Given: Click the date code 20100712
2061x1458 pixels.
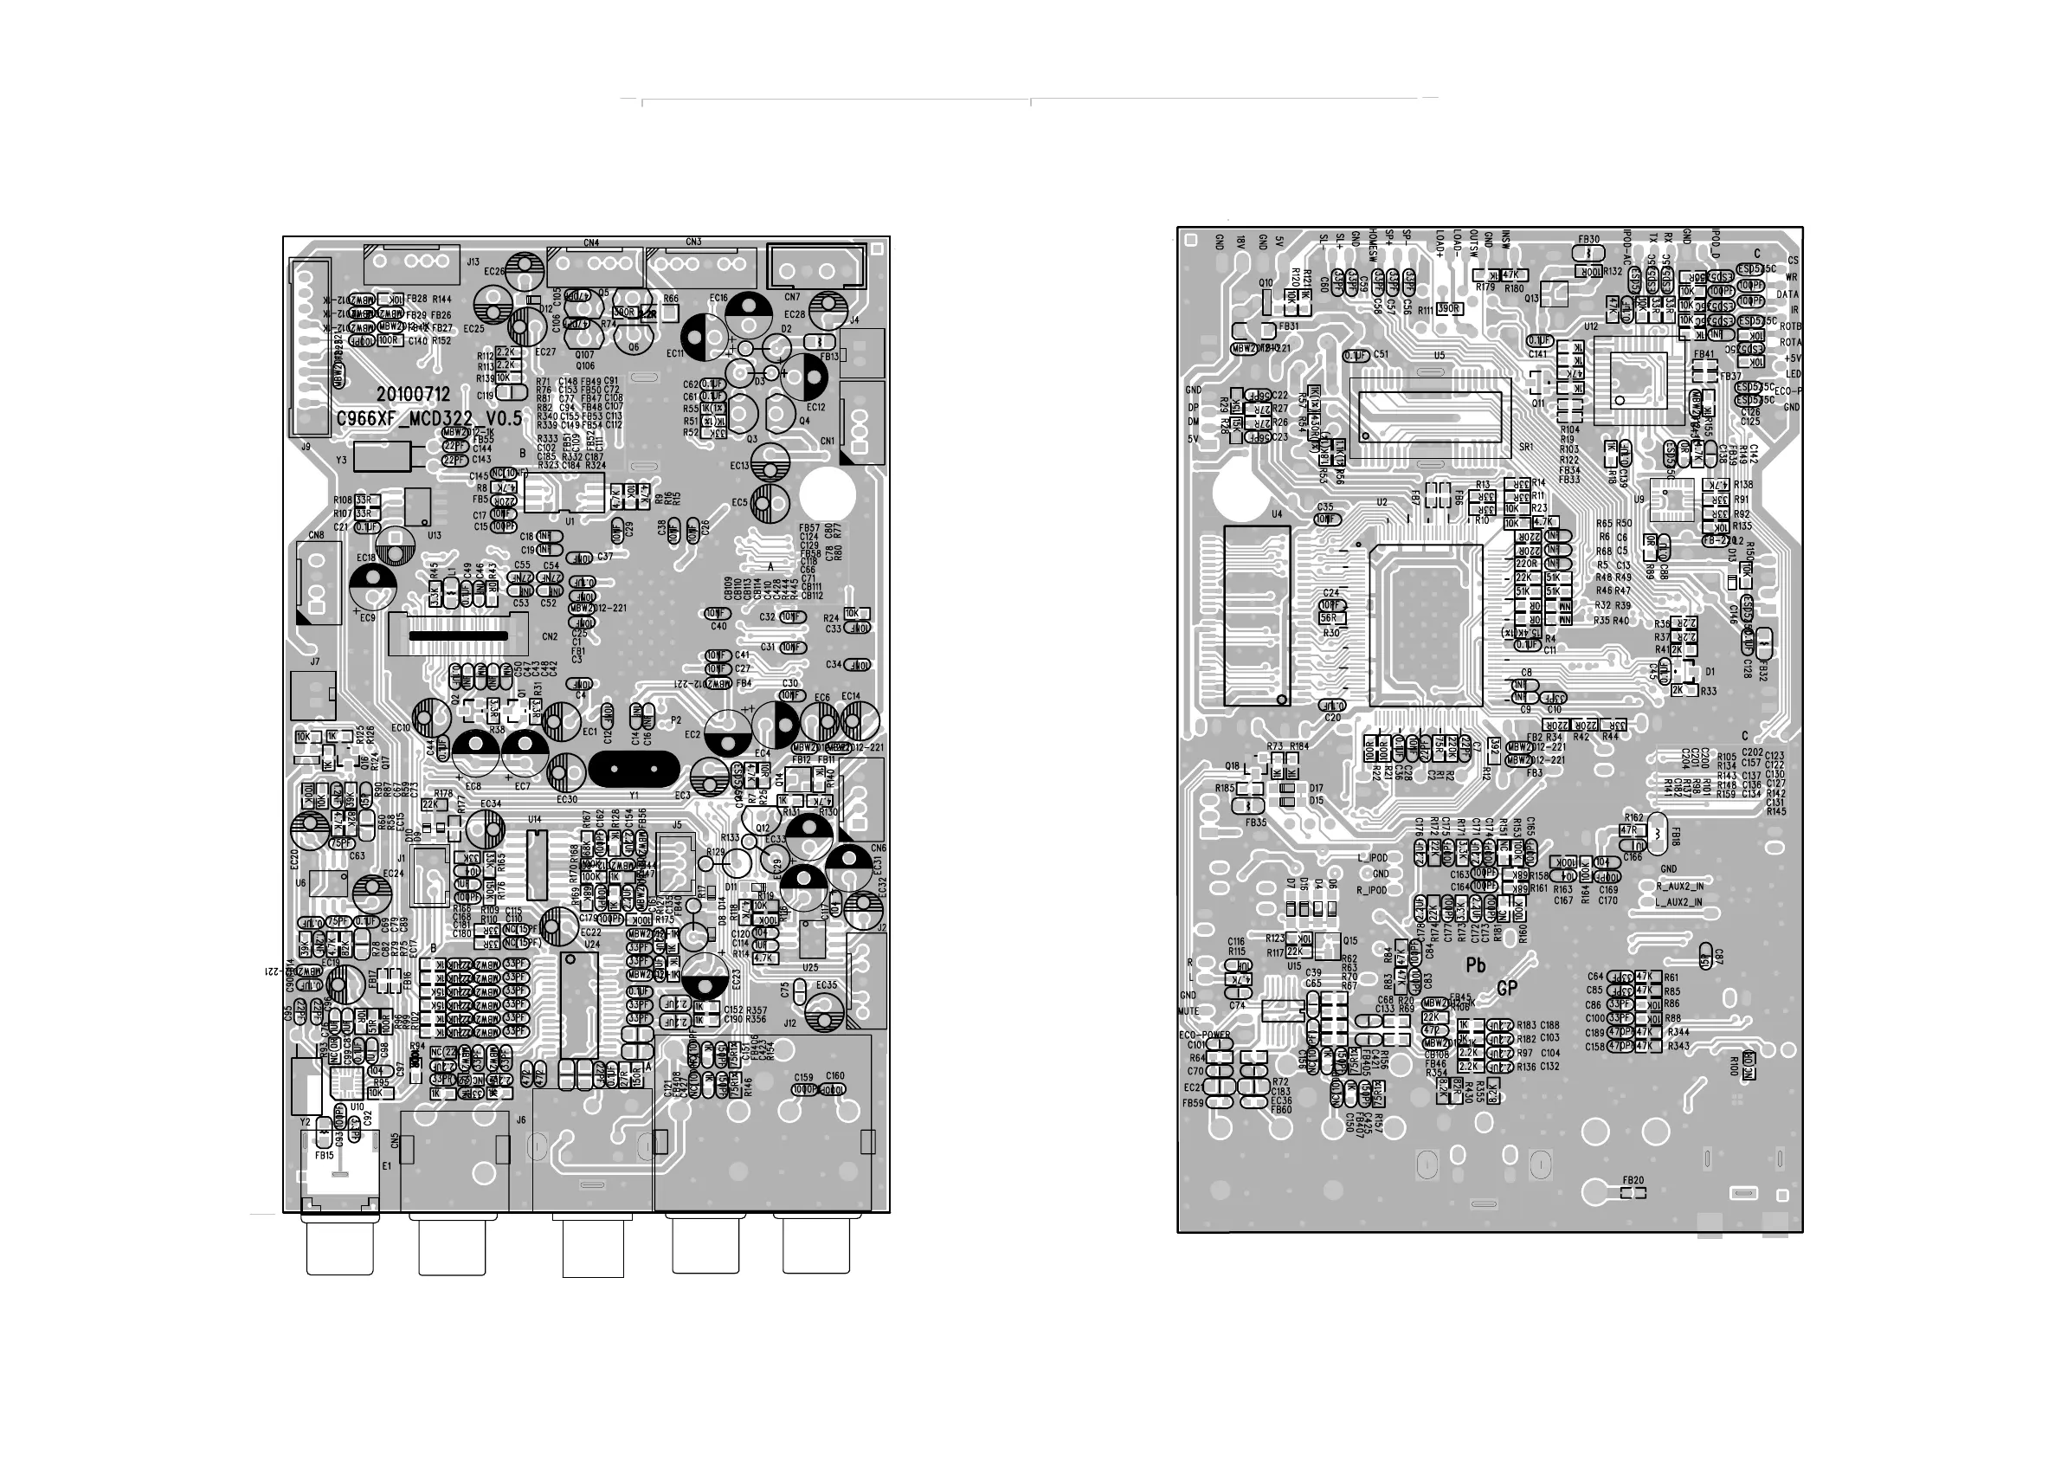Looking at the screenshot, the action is (413, 395).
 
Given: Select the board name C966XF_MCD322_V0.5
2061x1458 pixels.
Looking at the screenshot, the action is (428, 418).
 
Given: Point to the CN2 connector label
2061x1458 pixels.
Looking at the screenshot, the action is (551, 637).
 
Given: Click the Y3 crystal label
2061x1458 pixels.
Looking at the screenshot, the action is (341, 460).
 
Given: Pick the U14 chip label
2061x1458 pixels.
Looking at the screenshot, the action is (535, 820).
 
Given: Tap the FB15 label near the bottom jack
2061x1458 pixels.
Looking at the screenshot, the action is (324, 1156).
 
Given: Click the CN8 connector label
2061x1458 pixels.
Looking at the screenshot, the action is (316, 536).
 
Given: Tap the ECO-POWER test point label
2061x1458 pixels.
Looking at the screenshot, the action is (1204, 1035).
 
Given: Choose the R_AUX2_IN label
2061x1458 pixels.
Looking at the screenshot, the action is (1679, 886).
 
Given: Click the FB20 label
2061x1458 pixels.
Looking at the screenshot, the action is (1633, 1180).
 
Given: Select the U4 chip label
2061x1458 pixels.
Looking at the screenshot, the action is (1277, 514).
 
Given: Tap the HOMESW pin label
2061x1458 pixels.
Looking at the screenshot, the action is (1374, 243).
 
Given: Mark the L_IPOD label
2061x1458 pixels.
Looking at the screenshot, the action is (1373, 857).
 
